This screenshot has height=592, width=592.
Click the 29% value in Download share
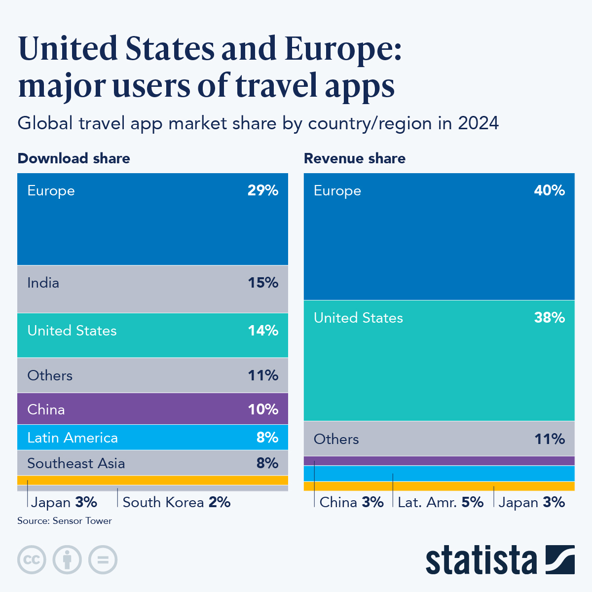click(263, 190)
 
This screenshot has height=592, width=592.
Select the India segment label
click(43, 283)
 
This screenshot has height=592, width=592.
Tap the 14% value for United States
click(263, 331)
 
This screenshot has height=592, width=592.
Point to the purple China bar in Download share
click(152, 409)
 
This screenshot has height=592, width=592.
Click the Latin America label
click(73, 438)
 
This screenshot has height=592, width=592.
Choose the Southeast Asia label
click(76, 463)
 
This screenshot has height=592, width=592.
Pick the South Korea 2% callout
click(177, 502)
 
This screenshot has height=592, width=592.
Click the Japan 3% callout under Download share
click(64, 502)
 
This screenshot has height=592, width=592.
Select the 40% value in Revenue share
click(549, 190)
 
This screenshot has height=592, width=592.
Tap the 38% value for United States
click(549, 318)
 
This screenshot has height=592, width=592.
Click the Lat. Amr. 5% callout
click(441, 502)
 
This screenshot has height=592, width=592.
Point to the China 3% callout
click(351, 502)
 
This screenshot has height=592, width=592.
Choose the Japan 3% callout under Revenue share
click(531, 502)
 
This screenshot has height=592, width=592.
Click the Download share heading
click(74, 158)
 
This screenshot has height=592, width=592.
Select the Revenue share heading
click(355, 158)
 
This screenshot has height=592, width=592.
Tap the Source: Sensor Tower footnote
click(65, 521)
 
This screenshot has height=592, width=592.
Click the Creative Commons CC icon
click(32, 560)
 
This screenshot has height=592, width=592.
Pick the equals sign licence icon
click(103, 560)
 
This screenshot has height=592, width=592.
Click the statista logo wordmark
click(481, 560)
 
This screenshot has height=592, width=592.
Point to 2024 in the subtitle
click(478, 123)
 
